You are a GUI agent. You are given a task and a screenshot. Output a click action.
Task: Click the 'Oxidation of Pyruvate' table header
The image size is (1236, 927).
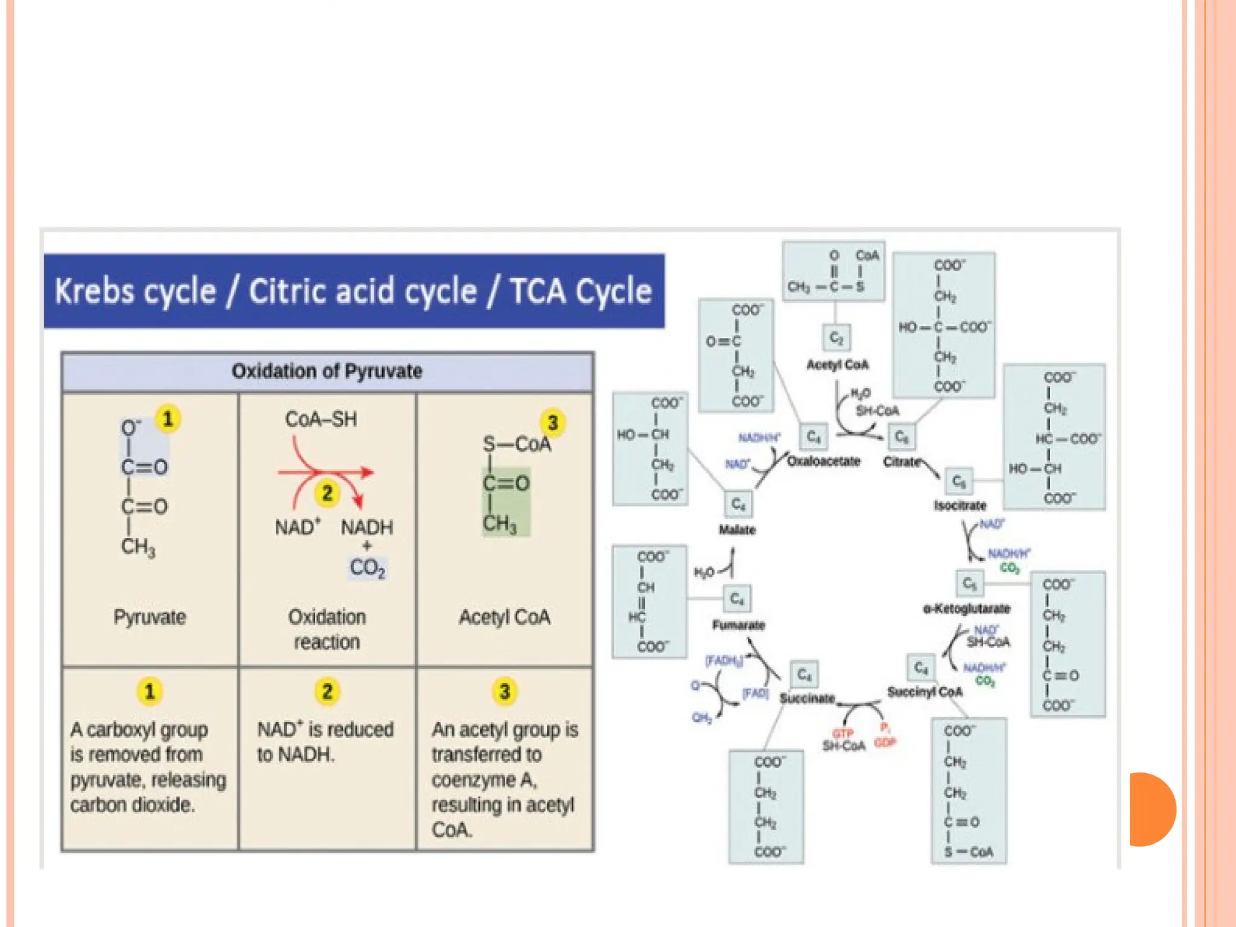pos(327,371)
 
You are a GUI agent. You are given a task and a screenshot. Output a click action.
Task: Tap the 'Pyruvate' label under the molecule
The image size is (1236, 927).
pos(150,617)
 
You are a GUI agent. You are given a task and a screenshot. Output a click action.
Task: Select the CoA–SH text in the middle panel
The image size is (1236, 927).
pos(320,419)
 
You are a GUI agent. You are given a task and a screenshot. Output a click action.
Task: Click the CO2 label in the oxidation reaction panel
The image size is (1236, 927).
pos(367,567)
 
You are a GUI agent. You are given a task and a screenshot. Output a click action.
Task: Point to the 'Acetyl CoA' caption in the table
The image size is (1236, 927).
pos(505,617)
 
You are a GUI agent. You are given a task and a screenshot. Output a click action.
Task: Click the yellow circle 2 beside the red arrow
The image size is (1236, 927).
pos(327,493)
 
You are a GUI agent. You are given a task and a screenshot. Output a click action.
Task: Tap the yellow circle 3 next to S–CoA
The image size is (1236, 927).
pos(552,422)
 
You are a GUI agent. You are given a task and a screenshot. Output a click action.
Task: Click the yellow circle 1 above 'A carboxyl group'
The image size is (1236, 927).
pos(150,692)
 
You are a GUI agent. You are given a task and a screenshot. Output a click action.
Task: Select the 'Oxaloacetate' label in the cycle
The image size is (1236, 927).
pos(823,461)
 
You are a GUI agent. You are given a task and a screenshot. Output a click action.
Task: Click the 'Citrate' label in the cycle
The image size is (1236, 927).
pos(902,462)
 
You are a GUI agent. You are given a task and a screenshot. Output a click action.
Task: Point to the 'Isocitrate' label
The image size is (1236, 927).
pos(960,505)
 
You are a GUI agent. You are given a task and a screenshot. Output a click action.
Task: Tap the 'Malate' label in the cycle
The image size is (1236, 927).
pos(737,530)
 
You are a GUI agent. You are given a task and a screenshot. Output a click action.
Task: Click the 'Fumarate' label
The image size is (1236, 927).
pos(739,625)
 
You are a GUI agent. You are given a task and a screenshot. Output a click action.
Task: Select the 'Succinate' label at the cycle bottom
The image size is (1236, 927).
pos(807,698)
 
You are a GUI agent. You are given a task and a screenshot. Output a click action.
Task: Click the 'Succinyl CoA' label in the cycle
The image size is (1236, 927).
pos(924,692)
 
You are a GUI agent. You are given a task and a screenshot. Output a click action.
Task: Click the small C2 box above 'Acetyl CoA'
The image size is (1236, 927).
pos(836,338)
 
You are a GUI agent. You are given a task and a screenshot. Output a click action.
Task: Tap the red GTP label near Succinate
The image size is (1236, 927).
pos(843,733)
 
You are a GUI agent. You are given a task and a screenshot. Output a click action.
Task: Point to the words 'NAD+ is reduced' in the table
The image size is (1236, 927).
pos(325,729)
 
